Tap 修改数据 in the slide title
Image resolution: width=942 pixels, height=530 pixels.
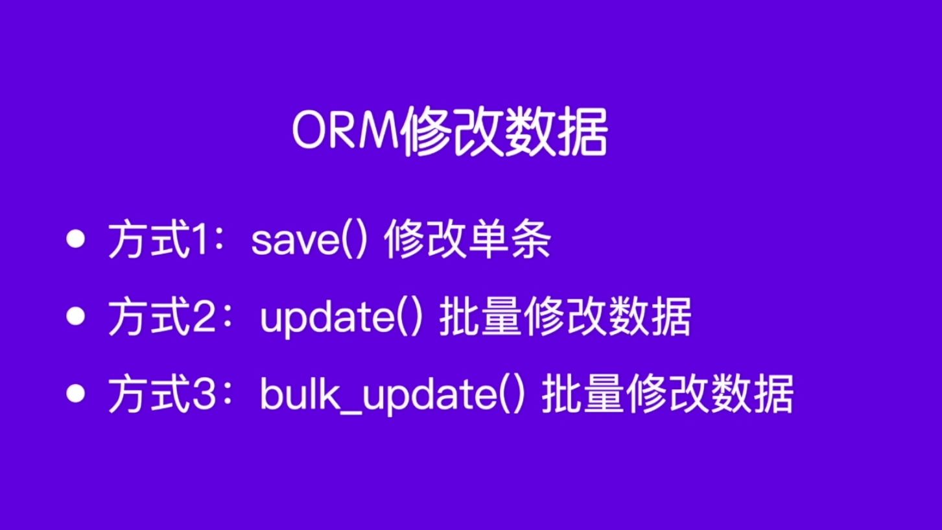(x=504, y=134)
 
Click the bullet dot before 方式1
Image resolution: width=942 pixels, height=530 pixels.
(x=77, y=240)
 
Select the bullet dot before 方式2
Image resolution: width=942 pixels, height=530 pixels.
(x=77, y=316)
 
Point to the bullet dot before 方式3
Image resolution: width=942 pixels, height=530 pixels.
(x=77, y=393)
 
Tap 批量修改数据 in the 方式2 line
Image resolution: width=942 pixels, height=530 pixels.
(x=565, y=318)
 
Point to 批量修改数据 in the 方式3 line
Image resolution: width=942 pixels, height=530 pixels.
(x=667, y=395)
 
